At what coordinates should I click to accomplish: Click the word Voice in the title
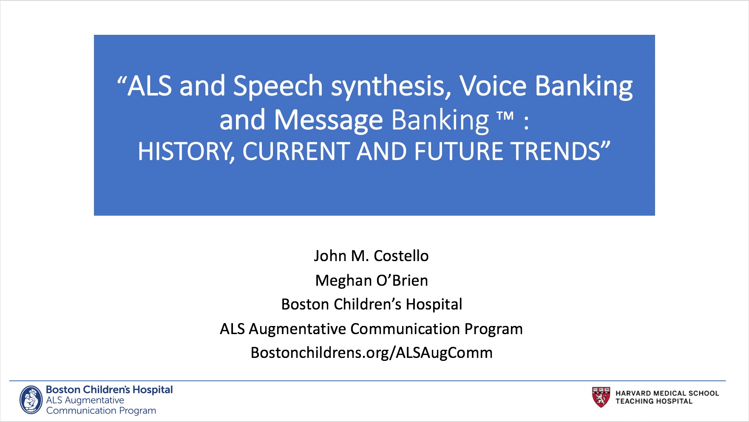click(x=493, y=86)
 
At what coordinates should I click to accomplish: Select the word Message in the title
click(x=329, y=121)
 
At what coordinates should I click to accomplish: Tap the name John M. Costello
click(x=371, y=256)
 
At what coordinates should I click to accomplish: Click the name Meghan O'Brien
click(x=372, y=280)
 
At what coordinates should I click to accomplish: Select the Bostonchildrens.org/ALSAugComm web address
click(x=372, y=353)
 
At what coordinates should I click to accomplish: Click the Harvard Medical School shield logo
click(x=601, y=397)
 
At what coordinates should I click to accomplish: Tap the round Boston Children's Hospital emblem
click(x=31, y=399)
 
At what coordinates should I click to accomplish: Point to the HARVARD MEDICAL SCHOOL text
click(x=667, y=394)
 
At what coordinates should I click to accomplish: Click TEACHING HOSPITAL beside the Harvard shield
click(x=654, y=401)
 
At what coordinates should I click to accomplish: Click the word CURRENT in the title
click(x=296, y=151)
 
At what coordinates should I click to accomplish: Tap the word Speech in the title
click(x=278, y=87)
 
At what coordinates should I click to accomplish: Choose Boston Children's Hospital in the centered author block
click(x=372, y=304)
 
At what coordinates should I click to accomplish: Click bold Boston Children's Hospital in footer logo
click(x=109, y=390)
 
